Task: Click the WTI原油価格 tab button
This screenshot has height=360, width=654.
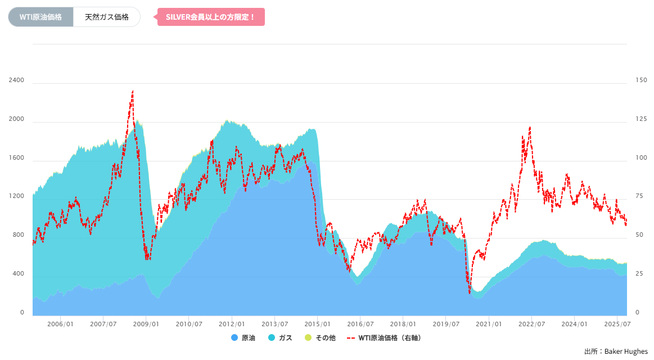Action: (40, 17)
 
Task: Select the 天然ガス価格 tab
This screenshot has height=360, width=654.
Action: (106, 17)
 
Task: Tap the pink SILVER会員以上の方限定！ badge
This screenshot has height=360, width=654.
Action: (211, 17)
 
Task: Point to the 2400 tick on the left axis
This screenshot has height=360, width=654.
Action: (16, 80)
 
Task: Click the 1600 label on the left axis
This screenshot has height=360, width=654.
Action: (16, 158)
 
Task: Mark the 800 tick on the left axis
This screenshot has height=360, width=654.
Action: (18, 235)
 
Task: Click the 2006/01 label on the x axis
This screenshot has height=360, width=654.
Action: (60, 324)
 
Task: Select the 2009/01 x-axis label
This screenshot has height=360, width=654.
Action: (146, 324)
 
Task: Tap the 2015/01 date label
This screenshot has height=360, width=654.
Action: (317, 324)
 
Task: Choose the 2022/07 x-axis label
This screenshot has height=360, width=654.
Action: (531, 324)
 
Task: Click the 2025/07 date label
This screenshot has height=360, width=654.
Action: (617, 324)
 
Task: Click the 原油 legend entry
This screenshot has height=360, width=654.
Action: (243, 338)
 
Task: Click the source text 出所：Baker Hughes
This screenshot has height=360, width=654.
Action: (616, 352)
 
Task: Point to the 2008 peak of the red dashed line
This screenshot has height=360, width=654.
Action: (133, 91)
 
